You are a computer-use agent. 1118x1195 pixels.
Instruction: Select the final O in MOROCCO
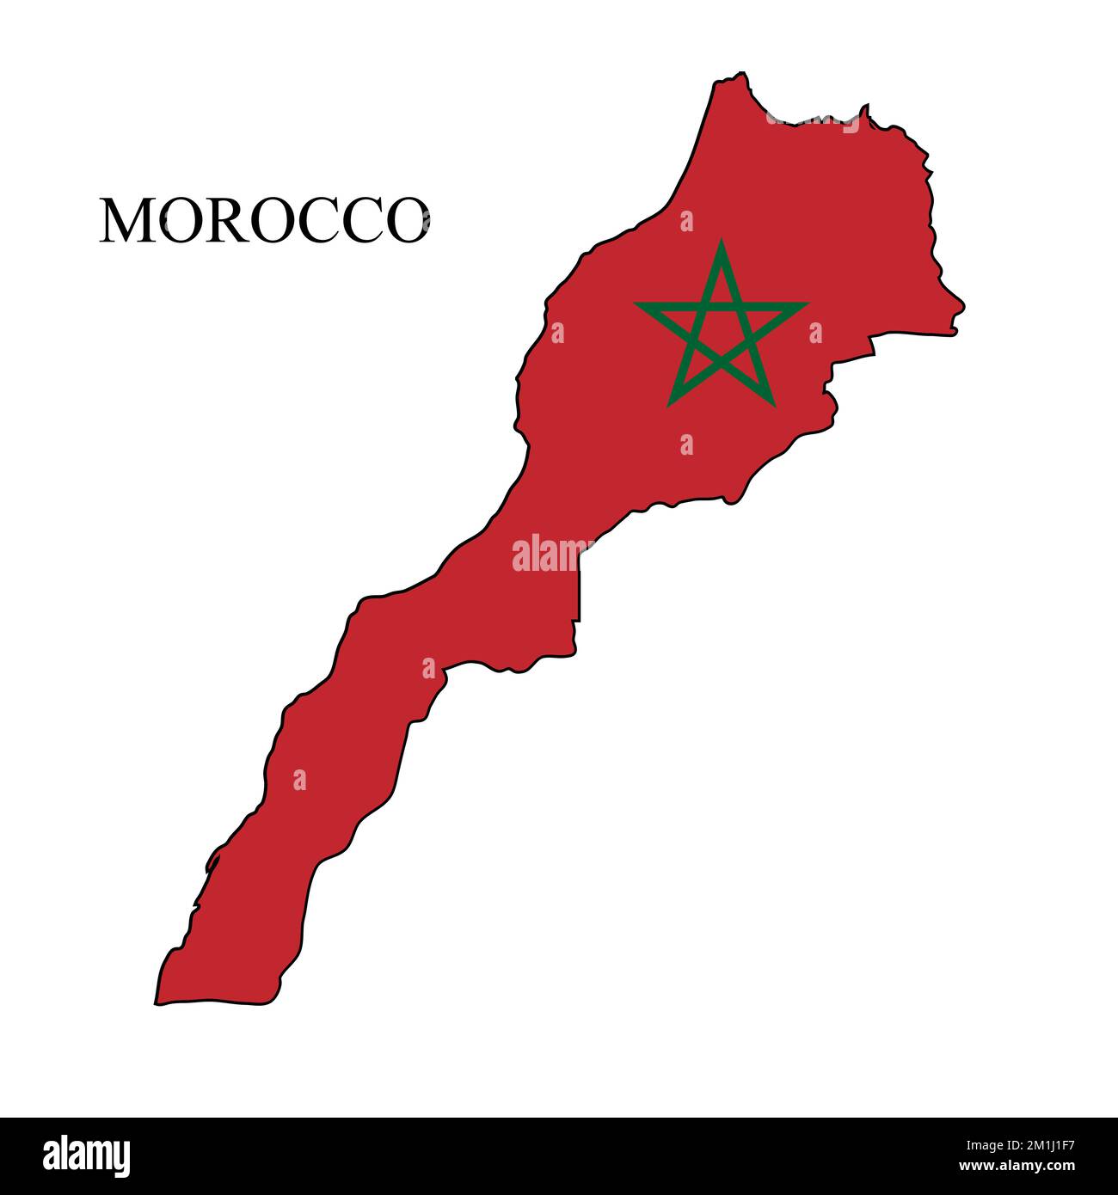[x=402, y=221]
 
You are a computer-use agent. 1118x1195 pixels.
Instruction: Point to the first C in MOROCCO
[x=310, y=221]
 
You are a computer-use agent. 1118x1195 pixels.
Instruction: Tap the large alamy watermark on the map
[x=552, y=554]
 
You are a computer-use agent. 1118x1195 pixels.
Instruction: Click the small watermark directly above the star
[x=686, y=222]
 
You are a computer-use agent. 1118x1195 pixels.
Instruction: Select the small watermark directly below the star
[x=686, y=444]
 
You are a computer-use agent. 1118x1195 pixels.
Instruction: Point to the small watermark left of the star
[x=557, y=333]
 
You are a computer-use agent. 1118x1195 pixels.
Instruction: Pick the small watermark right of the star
[x=815, y=333]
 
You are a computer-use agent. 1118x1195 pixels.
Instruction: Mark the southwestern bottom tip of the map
[x=157, y=1002]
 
